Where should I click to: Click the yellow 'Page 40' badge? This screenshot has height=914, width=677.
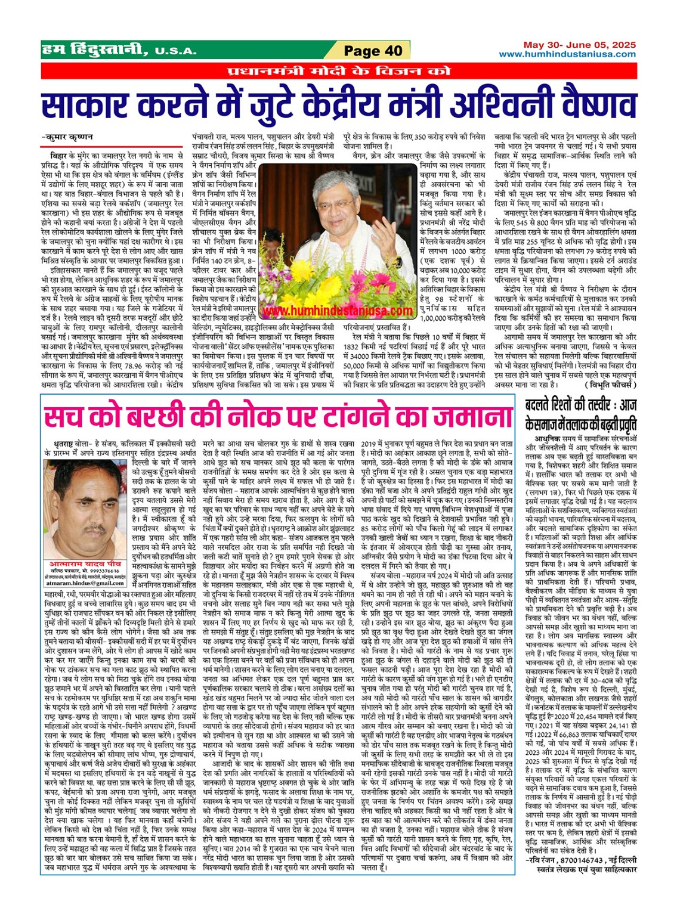[x=373, y=51]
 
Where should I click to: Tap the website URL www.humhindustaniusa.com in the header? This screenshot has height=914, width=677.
[x=567, y=54]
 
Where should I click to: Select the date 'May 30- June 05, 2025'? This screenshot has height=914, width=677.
[x=579, y=45]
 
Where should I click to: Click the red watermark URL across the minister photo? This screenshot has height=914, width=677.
[x=338, y=311]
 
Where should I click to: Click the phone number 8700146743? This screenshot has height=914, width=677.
[x=579, y=860]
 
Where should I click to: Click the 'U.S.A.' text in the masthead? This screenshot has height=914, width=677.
[x=175, y=52]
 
